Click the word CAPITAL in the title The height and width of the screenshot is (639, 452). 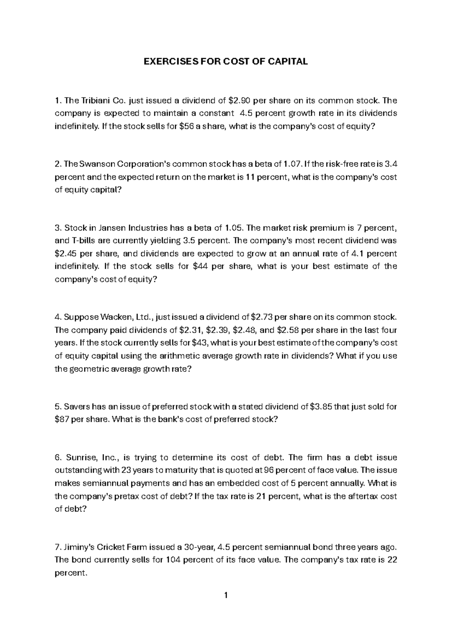287,62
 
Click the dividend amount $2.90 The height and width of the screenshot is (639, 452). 239,101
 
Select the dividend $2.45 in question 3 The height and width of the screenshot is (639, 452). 66,254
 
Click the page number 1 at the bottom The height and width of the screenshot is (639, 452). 226,596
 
